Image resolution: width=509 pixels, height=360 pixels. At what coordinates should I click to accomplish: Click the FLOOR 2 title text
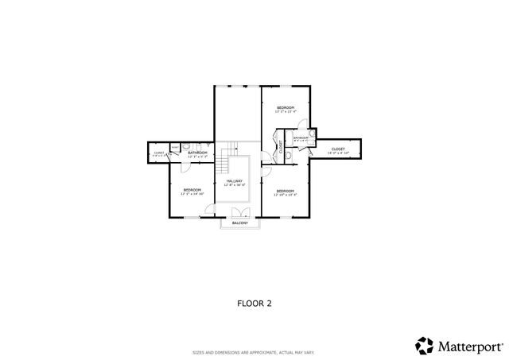pyautogui.click(x=254, y=303)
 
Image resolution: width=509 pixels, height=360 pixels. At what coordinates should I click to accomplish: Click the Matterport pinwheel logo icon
pyautogui.click(x=425, y=346)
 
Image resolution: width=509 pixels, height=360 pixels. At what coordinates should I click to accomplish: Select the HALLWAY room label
pyautogui.click(x=235, y=181)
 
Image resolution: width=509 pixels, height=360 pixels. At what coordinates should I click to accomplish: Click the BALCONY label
pyautogui.click(x=240, y=223)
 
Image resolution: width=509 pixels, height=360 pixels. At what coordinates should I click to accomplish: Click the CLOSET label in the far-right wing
pyautogui.click(x=338, y=149)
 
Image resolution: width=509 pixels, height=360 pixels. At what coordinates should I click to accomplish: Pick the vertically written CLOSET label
pyautogui.click(x=281, y=147)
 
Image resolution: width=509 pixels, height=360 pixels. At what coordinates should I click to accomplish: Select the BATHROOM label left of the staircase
pyautogui.click(x=197, y=152)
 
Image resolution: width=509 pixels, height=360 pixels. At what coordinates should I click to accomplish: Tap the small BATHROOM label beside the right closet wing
pyautogui.click(x=301, y=138)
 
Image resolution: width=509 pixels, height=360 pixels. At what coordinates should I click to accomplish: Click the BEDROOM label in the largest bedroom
pyautogui.click(x=286, y=107)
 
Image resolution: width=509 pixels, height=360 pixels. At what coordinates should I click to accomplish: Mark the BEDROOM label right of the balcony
pyautogui.click(x=286, y=190)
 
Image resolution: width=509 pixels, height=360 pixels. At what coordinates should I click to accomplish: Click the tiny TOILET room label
pyautogui.click(x=174, y=148)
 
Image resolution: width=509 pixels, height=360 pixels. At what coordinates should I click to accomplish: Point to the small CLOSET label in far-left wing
pyautogui.click(x=158, y=152)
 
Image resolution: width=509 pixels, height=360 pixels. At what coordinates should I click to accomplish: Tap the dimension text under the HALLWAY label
pyautogui.click(x=235, y=185)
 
